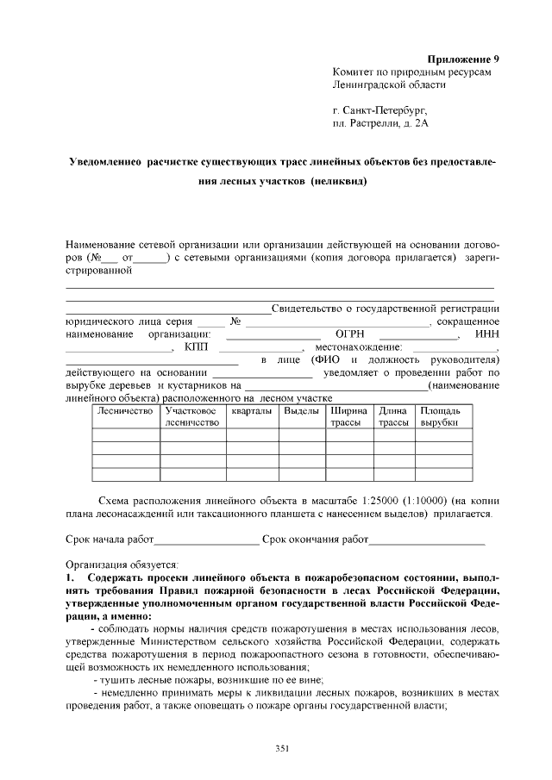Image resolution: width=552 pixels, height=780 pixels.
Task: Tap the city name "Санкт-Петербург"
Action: [385, 109]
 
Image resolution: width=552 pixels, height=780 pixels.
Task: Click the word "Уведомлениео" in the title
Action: [105, 162]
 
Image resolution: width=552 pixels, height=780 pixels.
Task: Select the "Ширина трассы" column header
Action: [348, 417]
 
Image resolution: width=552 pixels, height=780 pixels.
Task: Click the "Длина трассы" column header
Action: [393, 417]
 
